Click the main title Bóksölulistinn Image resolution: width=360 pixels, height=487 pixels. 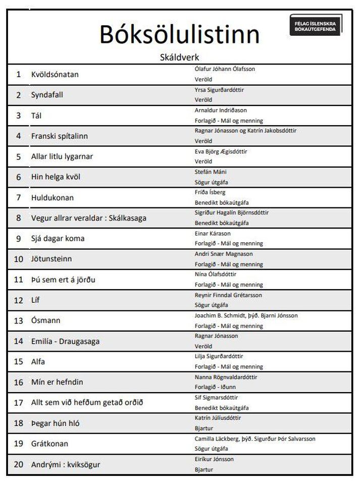(x=179, y=34)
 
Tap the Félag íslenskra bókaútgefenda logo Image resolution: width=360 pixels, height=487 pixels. (x=316, y=26)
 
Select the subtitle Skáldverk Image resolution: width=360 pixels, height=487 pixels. (x=179, y=58)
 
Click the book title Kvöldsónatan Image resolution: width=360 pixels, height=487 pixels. (x=55, y=74)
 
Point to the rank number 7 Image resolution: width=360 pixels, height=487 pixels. (x=19, y=197)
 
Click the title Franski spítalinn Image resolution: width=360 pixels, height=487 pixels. (x=60, y=136)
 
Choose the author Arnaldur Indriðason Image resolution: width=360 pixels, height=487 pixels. (x=221, y=110)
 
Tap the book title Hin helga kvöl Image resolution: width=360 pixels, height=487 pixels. (x=56, y=177)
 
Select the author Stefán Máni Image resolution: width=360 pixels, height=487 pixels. (x=210, y=172)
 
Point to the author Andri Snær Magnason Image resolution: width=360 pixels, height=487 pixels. (x=224, y=254)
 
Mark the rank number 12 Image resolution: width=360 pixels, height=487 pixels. (x=19, y=300)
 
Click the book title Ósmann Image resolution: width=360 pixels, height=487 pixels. (x=43, y=320)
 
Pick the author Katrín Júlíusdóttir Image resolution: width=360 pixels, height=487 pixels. (x=218, y=418)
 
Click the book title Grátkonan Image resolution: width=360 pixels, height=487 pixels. (x=49, y=444)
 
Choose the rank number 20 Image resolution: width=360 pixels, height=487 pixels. (x=19, y=464)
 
